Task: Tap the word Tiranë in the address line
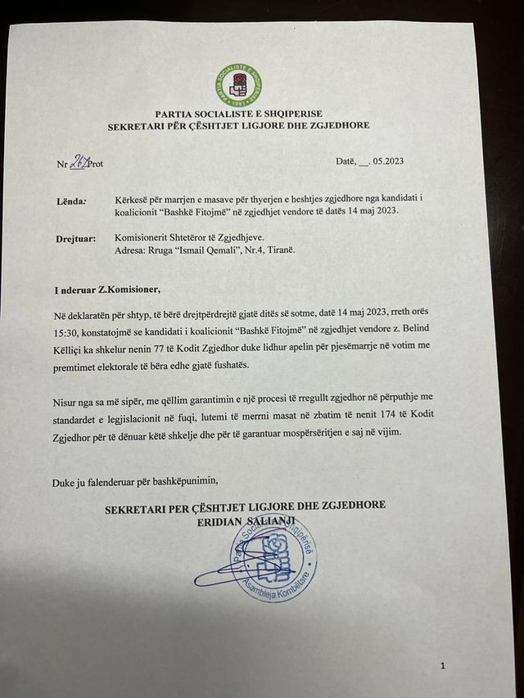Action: coord(278,249)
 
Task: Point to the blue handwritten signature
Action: coord(233,569)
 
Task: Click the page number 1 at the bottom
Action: coord(443,667)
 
